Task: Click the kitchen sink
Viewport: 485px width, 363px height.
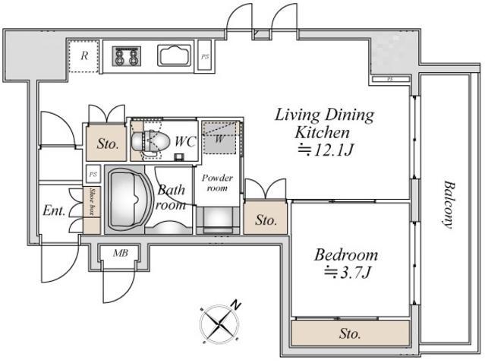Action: [175, 55]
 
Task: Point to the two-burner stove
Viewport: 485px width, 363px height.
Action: [127, 56]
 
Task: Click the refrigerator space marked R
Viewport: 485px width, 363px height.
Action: [83, 56]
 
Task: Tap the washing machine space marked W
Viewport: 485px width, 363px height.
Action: [219, 138]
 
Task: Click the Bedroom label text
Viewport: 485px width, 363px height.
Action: [346, 255]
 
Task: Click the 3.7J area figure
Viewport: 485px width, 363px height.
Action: [347, 273]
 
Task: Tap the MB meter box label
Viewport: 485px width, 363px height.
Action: [121, 253]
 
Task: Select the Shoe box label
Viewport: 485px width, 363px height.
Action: [92, 201]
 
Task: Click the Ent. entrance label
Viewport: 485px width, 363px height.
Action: [54, 211]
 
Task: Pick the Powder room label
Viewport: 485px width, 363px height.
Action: [217, 183]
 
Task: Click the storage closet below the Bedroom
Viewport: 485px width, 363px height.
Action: [351, 333]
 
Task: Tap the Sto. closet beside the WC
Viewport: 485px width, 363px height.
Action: [106, 143]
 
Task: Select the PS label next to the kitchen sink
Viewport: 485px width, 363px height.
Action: [205, 57]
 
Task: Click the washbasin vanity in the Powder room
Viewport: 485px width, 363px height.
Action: [218, 220]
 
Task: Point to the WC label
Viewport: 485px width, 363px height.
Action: [186, 141]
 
